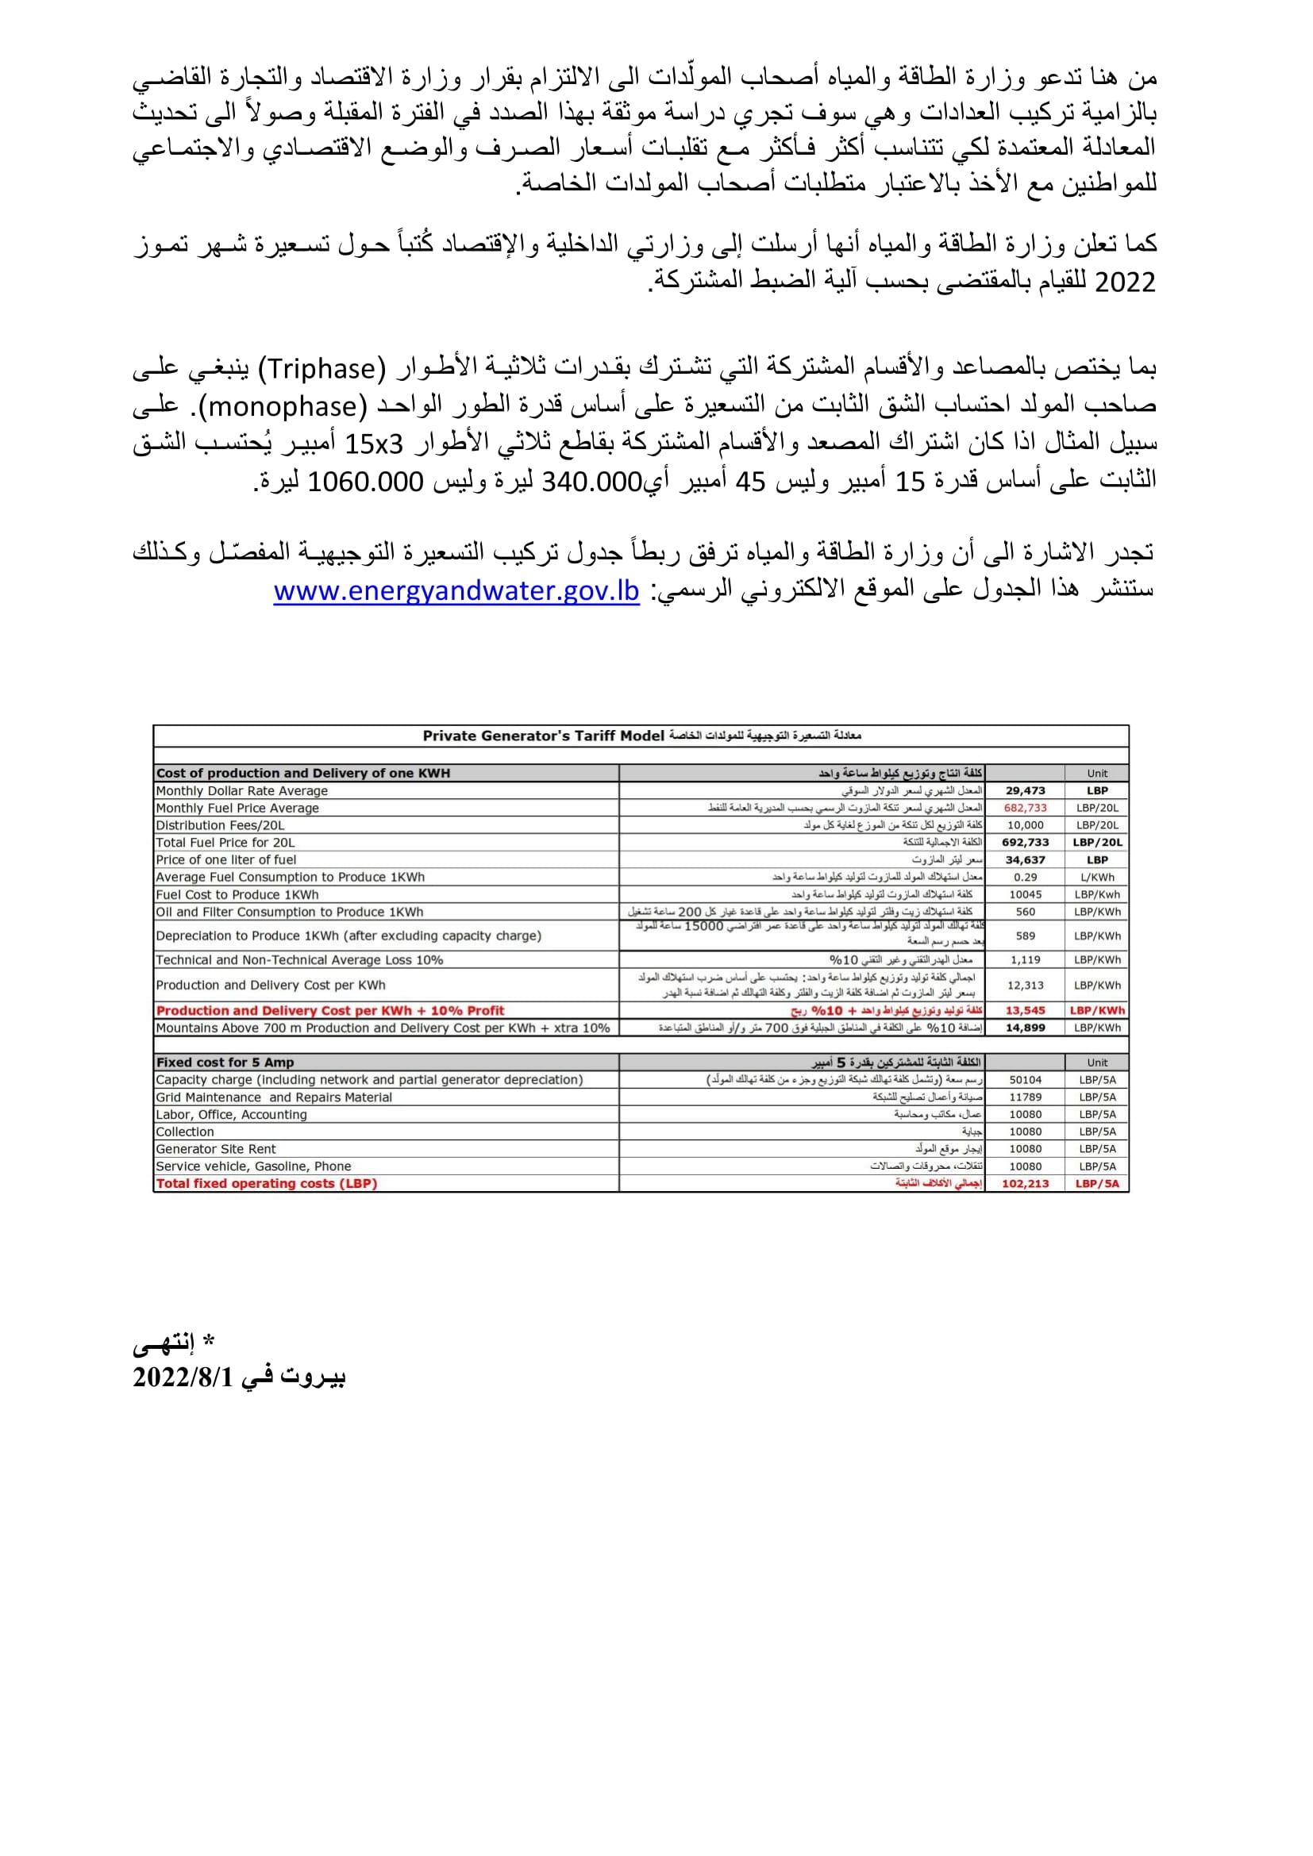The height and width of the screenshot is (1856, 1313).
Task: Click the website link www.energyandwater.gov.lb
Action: click(456, 591)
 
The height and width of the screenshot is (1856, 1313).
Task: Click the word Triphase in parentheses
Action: click(322, 369)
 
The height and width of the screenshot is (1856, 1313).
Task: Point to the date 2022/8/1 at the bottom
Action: click(183, 1377)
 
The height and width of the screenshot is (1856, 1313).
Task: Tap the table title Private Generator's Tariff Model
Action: click(543, 736)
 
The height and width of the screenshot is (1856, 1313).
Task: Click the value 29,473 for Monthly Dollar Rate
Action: click(1025, 790)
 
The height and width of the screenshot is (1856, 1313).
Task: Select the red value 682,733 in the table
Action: click(1025, 808)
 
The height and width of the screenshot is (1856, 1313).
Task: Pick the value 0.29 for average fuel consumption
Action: click(1025, 877)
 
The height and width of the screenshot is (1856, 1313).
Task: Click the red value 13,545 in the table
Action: click(1025, 1010)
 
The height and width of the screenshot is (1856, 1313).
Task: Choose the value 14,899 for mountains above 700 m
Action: click(1025, 1028)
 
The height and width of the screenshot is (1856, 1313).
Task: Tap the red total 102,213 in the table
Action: click(1025, 1183)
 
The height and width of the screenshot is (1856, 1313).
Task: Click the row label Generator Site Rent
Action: click(216, 1149)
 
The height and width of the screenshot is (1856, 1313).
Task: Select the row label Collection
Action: click(185, 1132)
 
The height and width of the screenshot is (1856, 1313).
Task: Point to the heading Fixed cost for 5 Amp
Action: click(225, 1062)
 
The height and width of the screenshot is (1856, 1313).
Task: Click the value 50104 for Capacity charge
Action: click(1025, 1079)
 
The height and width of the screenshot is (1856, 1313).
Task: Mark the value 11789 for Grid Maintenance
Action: click(1025, 1097)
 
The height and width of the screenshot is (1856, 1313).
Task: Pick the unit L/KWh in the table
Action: click(1097, 877)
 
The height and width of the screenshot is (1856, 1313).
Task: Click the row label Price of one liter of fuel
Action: click(226, 859)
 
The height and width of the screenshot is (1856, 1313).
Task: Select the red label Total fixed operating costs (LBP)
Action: click(267, 1183)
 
